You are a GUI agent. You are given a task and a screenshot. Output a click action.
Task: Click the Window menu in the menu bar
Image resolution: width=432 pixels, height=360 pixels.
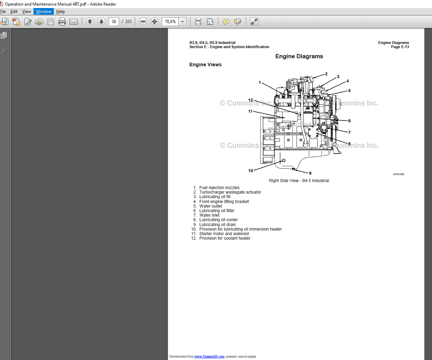44,12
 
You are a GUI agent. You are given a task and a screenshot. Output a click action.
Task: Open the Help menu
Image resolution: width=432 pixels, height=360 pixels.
60,12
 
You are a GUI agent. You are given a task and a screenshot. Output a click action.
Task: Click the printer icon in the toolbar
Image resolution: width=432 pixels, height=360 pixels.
62,22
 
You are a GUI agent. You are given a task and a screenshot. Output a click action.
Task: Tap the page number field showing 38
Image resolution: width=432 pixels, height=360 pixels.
114,22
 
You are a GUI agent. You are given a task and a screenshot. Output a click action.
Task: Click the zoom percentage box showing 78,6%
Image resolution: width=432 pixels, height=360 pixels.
170,22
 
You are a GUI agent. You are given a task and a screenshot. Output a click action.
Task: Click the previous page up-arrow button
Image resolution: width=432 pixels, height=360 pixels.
90,22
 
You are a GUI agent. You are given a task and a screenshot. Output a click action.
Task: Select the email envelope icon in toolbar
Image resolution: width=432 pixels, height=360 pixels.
74,22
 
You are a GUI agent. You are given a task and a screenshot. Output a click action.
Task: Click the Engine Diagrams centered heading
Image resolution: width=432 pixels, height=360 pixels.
299,57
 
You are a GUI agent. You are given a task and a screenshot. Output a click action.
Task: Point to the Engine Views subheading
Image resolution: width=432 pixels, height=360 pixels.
205,65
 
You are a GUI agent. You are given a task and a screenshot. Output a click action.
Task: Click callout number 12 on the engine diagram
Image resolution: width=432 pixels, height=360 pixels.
250,100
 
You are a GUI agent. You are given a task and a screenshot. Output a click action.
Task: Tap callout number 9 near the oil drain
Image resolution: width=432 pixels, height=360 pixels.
310,173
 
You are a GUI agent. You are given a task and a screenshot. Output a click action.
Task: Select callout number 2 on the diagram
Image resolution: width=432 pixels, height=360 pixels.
326,74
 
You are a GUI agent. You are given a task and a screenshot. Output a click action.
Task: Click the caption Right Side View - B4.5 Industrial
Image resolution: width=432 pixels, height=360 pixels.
299,181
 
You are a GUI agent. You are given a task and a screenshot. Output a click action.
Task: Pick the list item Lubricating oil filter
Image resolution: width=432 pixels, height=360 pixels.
217,211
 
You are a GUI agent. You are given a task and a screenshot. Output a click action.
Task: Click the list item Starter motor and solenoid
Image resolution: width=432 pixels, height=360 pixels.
224,234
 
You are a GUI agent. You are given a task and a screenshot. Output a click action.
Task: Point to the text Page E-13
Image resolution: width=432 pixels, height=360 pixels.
400,47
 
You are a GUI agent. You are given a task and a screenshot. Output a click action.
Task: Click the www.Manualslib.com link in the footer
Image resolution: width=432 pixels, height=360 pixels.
210,357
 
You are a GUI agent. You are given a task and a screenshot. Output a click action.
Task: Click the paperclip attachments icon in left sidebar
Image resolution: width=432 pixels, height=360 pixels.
4,51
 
